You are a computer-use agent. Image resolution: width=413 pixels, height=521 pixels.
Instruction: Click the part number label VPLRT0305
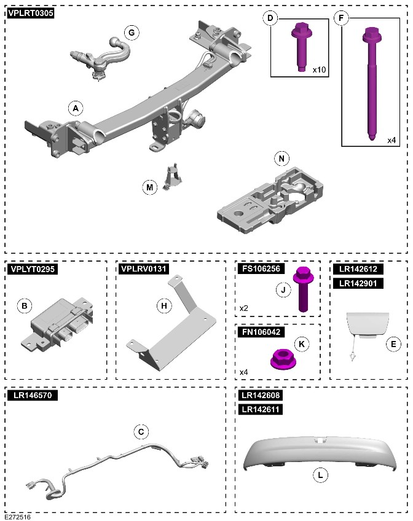click(30, 14)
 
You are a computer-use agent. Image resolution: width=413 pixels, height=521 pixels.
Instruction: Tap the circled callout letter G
click(132, 33)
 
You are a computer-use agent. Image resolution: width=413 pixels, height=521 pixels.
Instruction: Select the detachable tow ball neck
click(100, 57)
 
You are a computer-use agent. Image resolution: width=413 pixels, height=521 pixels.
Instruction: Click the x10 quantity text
click(320, 69)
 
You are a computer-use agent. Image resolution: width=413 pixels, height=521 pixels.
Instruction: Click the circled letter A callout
click(76, 108)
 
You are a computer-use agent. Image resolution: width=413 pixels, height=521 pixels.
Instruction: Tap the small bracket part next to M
click(173, 177)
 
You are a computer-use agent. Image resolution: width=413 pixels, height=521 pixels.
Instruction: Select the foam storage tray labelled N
click(270, 200)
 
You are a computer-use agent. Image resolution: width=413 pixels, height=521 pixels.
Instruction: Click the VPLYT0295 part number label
click(33, 269)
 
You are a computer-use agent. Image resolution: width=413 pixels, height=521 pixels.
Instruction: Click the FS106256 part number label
click(261, 268)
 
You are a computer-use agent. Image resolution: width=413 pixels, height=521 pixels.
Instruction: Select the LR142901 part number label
click(358, 283)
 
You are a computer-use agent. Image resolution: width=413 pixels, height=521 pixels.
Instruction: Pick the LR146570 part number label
click(33, 395)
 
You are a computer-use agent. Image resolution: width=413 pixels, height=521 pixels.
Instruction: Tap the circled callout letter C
click(141, 432)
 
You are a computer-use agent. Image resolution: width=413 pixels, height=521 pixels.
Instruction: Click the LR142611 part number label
click(261, 409)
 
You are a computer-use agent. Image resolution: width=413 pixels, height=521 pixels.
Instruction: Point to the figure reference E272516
click(17, 517)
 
